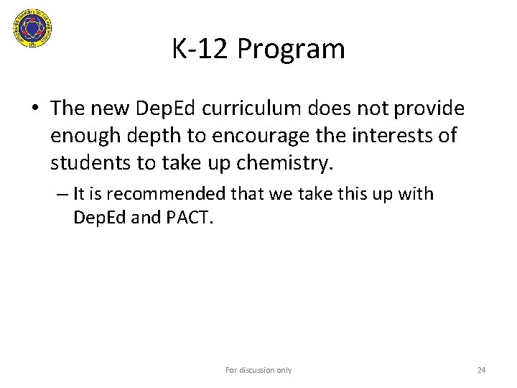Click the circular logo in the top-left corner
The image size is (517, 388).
click(32, 29)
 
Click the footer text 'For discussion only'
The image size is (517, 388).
click(258, 370)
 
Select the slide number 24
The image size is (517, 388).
click(482, 370)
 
